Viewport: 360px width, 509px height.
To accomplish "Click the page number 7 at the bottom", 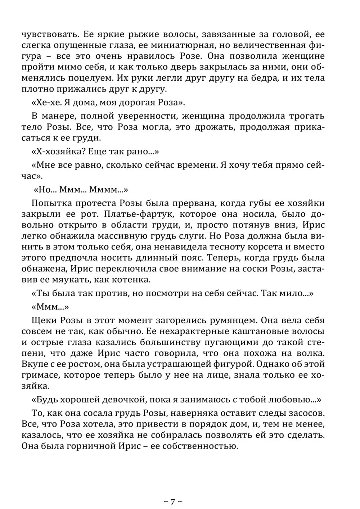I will pos(173,501).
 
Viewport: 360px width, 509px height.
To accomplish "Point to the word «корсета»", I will pos(267,247).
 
